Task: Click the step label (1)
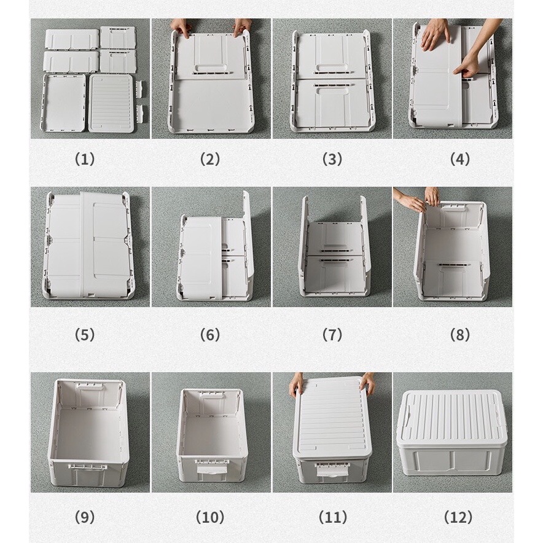(85, 159)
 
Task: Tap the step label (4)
(460, 159)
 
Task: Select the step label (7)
(332, 335)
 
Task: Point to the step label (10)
(210, 517)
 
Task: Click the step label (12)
(458, 517)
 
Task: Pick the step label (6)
(210, 335)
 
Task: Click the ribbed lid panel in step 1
(111, 103)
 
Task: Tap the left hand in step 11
(297, 385)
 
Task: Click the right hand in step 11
(367, 384)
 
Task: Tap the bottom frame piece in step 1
(64, 103)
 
